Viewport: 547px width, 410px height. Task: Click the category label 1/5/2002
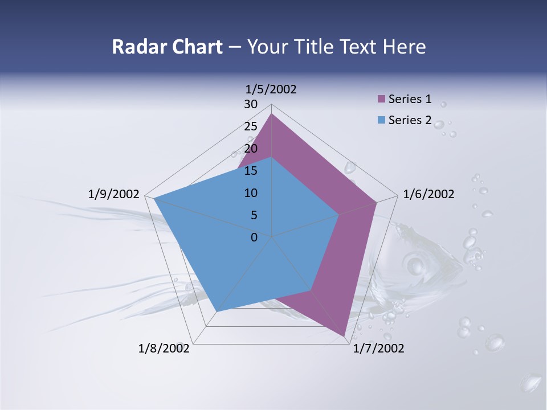pyautogui.click(x=271, y=89)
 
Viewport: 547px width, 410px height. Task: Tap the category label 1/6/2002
pyautogui.click(x=428, y=194)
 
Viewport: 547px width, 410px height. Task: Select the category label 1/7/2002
pyautogui.click(x=378, y=348)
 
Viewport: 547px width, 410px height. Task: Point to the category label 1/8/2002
pyautogui.click(x=164, y=348)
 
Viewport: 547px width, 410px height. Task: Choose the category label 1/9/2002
pyautogui.click(x=114, y=194)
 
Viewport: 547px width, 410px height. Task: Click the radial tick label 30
pyautogui.click(x=251, y=104)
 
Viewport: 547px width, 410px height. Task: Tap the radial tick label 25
pyautogui.click(x=251, y=126)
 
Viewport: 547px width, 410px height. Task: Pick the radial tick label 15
pyautogui.click(x=251, y=171)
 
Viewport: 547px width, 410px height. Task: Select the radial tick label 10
pyautogui.click(x=251, y=193)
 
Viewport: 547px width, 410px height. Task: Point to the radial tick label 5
pyautogui.click(x=254, y=215)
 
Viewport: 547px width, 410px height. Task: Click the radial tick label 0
pyautogui.click(x=254, y=237)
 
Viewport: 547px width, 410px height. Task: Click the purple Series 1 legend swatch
pyautogui.click(x=382, y=99)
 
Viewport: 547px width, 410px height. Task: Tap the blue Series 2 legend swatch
pyautogui.click(x=382, y=120)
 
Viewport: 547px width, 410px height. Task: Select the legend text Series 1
pyautogui.click(x=410, y=99)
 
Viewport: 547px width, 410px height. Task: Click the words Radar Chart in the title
pyautogui.click(x=167, y=47)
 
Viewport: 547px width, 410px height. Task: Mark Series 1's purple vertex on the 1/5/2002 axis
pyautogui.click(x=271, y=114)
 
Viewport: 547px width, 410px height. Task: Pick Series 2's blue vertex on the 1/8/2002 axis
pyautogui.click(x=217, y=311)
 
